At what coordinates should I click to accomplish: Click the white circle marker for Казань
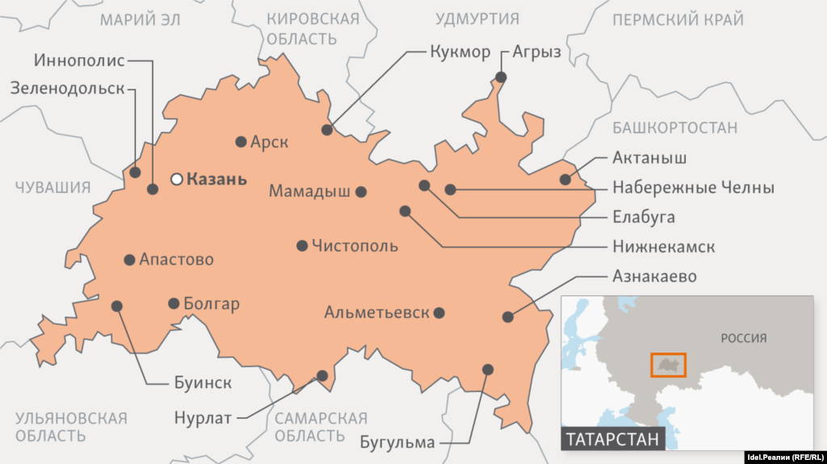point(176,179)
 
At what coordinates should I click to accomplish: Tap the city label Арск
point(269,142)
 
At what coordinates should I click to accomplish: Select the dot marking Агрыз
point(501,77)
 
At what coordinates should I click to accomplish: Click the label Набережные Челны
point(693,188)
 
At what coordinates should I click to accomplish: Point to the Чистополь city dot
point(302,245)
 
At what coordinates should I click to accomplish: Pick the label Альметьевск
point(376,312)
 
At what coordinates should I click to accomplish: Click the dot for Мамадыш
point(361,192)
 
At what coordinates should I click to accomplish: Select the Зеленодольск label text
point(68,88)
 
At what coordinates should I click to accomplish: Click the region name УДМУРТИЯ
point(477,19)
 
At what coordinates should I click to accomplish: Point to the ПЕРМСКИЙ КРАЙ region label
point(678,20)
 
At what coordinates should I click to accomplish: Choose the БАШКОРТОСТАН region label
point(675,127)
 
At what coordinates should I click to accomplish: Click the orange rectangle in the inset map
point(668,365)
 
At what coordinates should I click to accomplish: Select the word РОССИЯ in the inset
point(743,338)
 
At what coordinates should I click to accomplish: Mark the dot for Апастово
point(129,260)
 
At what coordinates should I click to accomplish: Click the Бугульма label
point(398,442)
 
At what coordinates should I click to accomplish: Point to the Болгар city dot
point(174,303)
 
